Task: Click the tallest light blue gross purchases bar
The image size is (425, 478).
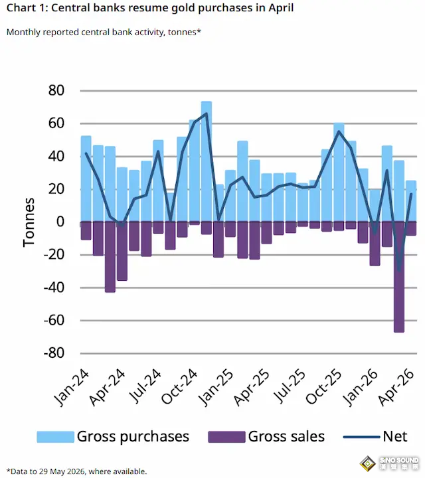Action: coord(207,161)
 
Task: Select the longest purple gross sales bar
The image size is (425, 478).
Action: coord(399,277)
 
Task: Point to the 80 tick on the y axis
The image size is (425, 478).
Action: coord(56,90)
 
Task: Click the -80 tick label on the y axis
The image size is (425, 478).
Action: coord(54,353)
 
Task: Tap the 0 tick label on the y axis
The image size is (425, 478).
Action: coord(60,222)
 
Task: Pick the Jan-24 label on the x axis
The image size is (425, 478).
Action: coord(72,388)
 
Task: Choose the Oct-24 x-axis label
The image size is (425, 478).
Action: coord(180,386)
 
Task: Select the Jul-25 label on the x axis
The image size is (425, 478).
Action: coord(290,386)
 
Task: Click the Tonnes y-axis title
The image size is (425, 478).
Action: coord(29,222)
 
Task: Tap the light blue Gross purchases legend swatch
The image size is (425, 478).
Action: coord(56,437)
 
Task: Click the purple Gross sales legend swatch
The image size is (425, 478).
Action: coord(226,437)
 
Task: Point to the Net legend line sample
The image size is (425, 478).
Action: coord(362,437)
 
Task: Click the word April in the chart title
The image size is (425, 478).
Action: coord(281,8)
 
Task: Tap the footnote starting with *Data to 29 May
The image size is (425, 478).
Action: coord(76,471)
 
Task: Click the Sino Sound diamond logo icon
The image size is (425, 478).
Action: coord(368,463)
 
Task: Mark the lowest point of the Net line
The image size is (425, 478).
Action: coord(399,270)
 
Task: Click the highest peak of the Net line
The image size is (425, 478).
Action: coord(207,114)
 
